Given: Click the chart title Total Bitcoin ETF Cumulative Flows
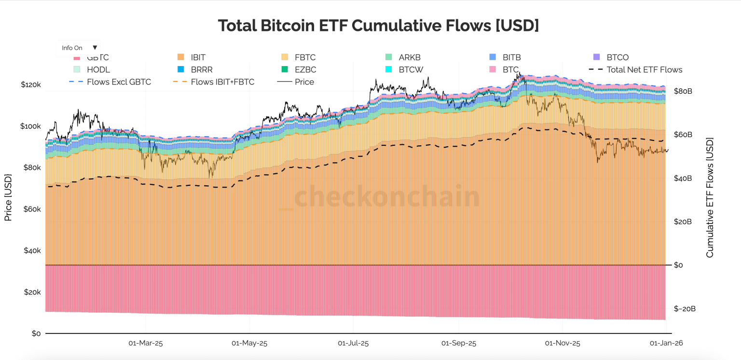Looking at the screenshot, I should click(378, 26).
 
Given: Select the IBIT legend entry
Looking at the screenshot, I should click(198, 57).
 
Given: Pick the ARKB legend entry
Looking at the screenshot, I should click(410, 57).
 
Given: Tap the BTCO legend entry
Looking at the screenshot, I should click(617, 57).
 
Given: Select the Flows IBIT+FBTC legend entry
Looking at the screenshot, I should click(222, 82).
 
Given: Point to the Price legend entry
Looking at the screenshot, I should click(304, 82).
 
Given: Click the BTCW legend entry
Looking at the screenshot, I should click(411, 69).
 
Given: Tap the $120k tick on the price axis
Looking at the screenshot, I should click(31, 84).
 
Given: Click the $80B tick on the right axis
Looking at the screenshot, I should click(683, 91).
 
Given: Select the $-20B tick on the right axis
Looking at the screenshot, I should click(685, 309).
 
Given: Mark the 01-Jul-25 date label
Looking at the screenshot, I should click(353, 344).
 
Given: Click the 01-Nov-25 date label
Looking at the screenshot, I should click(563, 344).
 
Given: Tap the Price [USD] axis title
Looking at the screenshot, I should click(8, 198).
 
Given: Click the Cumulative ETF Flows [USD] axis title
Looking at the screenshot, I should click(710, 198).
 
